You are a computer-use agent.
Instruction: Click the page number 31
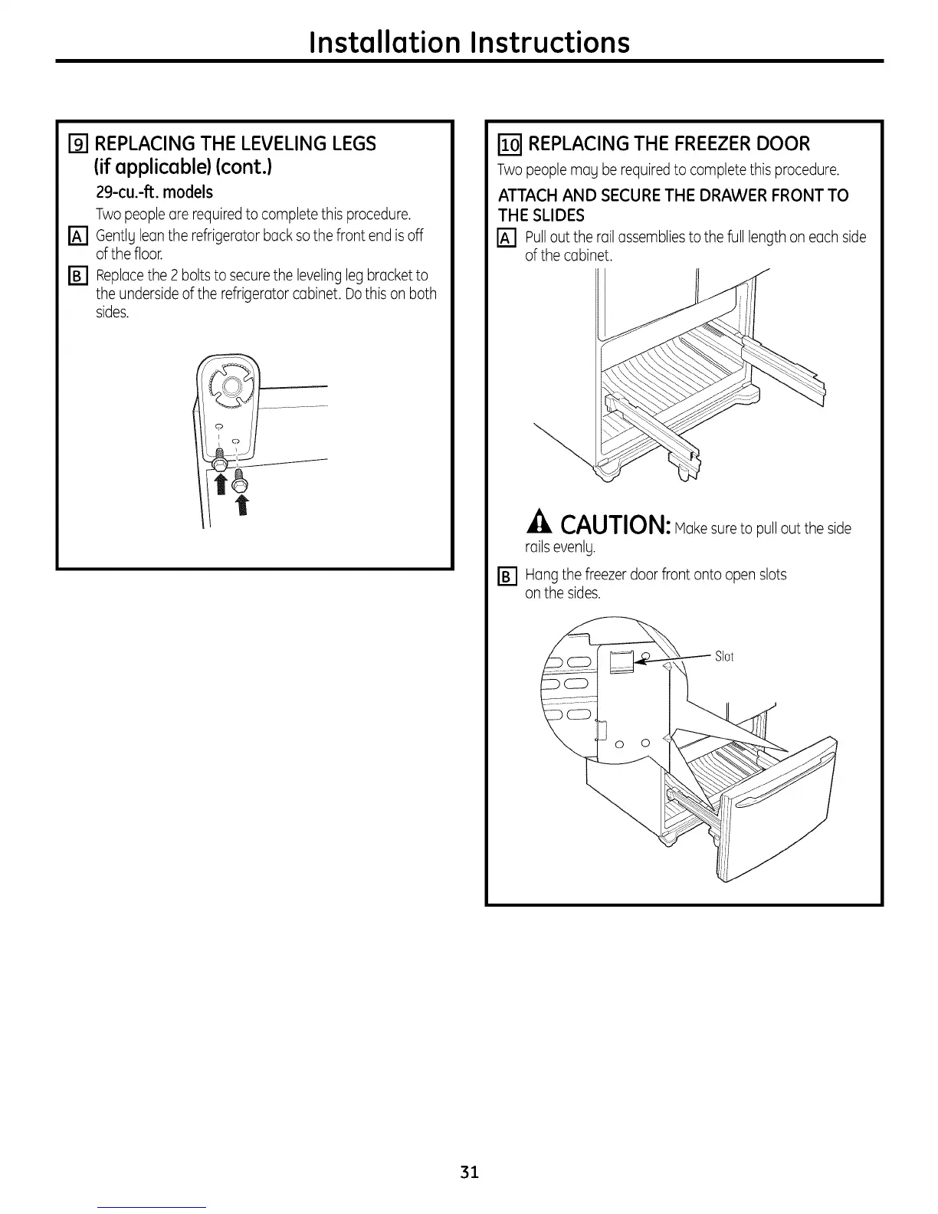click(x=470, y=1172)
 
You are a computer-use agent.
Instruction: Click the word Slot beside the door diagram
click(x=724, y=656)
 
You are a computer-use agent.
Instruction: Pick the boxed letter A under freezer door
click(x=507, y=238)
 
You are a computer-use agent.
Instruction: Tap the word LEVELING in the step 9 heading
click(x=262, y=144)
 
